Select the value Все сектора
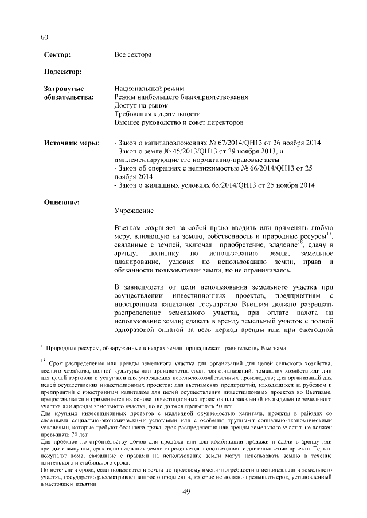[133, 55]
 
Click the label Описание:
[62, 201]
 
